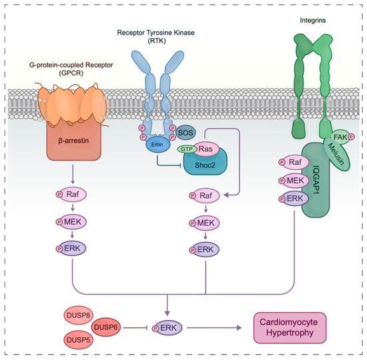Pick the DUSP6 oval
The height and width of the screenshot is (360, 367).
(107, 327)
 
